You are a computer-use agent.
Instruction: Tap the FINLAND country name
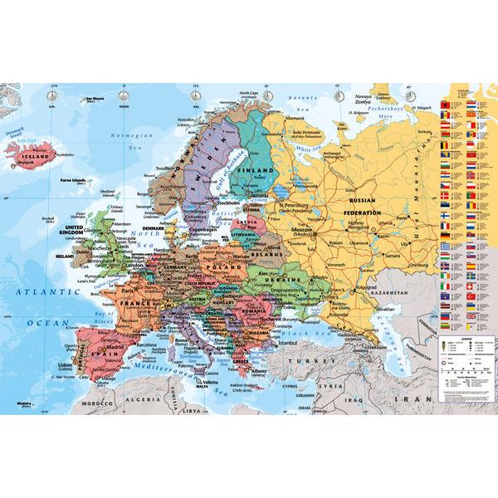click(x=256, y=167)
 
